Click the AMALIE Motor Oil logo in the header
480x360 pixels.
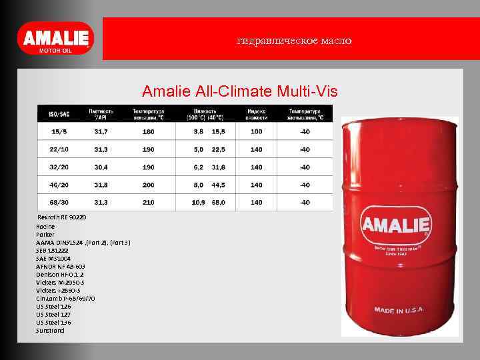pyautogui.click(x=56, y=39)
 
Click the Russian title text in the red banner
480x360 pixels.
pyautogui.click(x=294, y=41)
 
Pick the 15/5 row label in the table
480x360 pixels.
pyautogui.click(x=59, y=131)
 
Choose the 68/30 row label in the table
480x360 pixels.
pyautogui.click(x=59, y=202)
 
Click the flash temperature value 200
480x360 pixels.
pyautogui.click(x=148, y=185)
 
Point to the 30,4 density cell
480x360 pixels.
pyautogui.click(x=101, y=167)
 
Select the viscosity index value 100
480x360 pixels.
pyautogui.click(x=256, y=131)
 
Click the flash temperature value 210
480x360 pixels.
pyautogui.click(x=148, y=202)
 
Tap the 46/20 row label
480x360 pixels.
pyautogui.click(x=59, y=185)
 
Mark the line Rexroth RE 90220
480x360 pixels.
pyautogui.click(x=61, y=218)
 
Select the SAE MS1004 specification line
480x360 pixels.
pyautogui.click(x=55, y=258)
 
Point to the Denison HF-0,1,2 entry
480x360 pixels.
pyautogui.click(x=61, y=274)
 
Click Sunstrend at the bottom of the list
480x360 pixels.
pyautogui.click(x=51, y=330)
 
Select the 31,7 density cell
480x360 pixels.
pyautogui.click(x=101, y=131)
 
